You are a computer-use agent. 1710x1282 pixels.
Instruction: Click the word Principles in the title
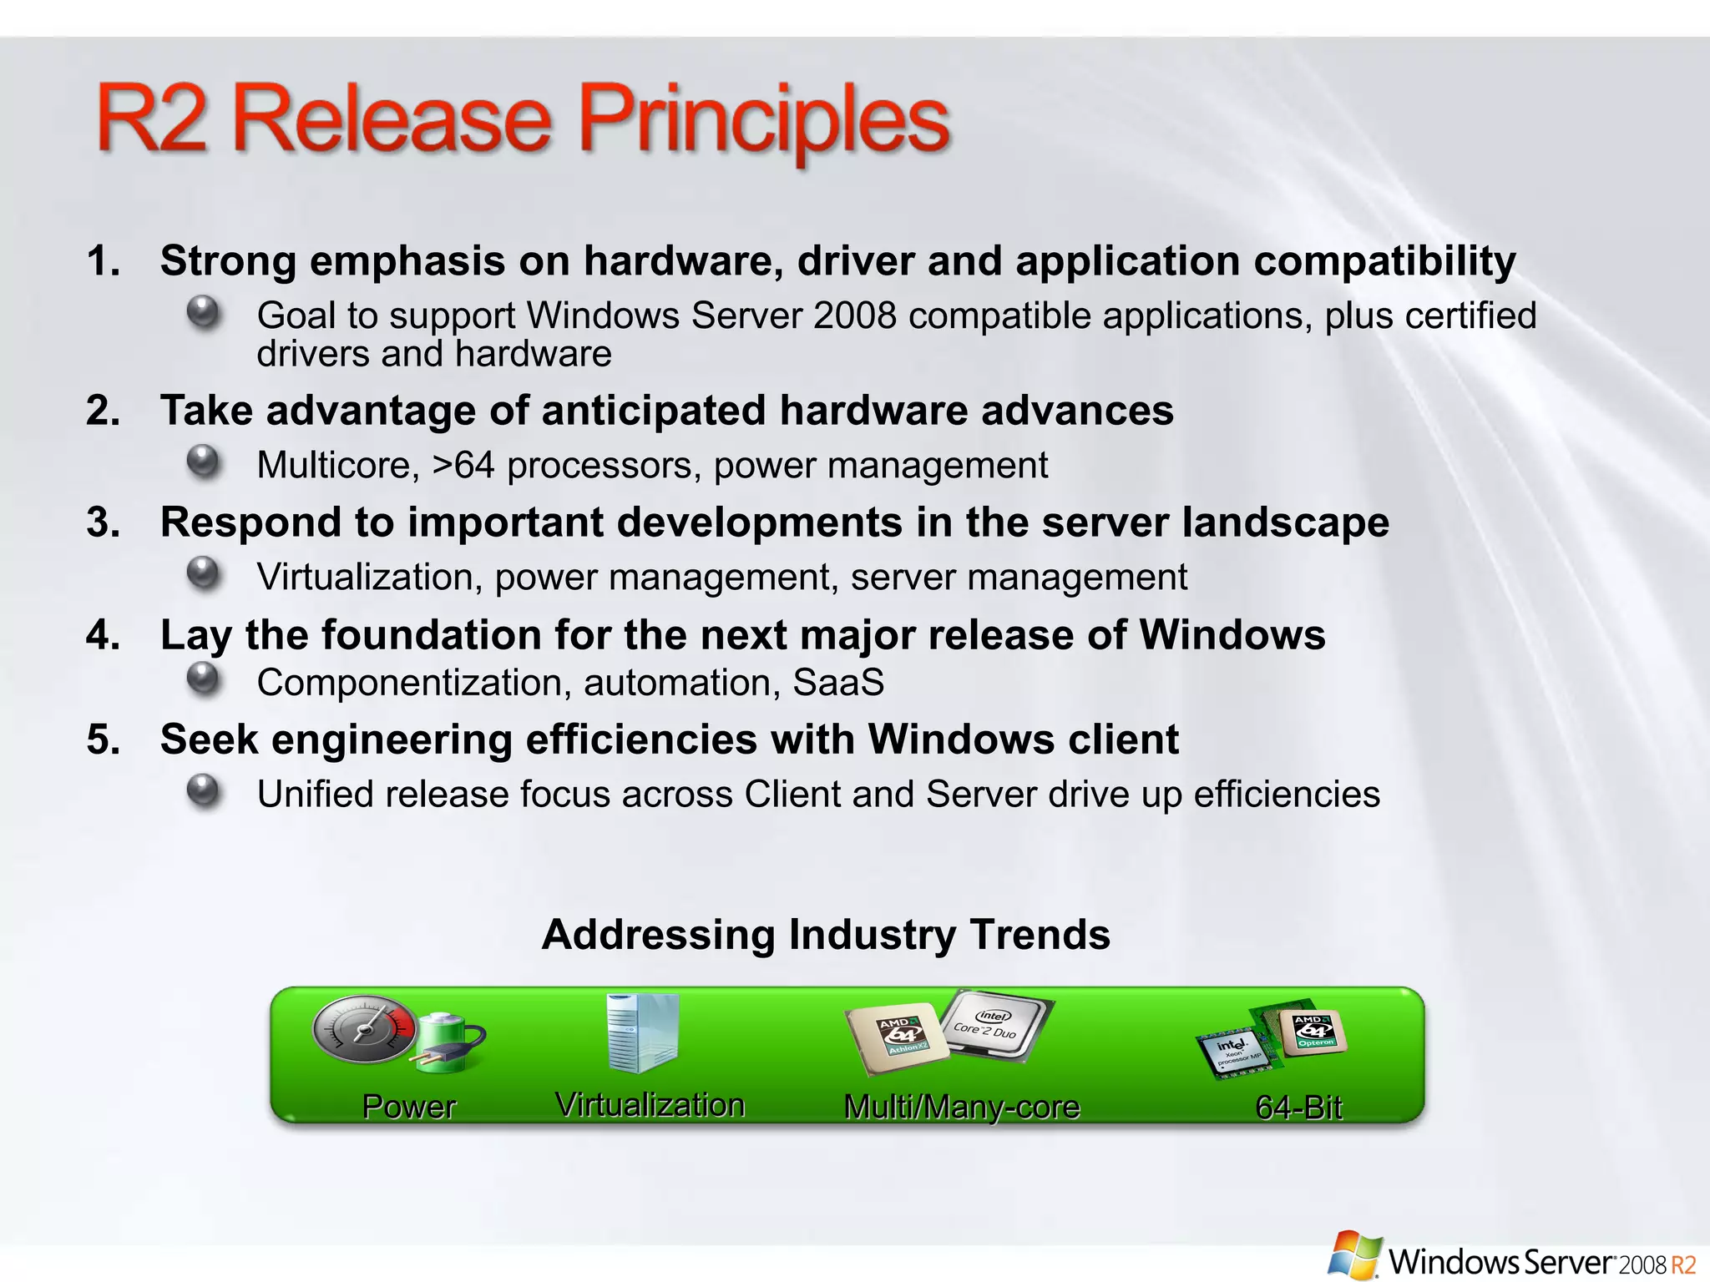(x=764, y=121)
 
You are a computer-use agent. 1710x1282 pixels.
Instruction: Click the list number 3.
(x=103, y=523)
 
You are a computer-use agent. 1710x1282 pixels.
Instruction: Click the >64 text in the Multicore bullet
(x=463, y=465)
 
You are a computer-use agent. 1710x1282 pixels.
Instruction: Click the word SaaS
(x=837, y=683)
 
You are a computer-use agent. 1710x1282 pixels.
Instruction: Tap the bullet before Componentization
(x=203, y=679)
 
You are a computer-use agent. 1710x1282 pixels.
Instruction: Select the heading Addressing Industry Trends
(x=826, y=934)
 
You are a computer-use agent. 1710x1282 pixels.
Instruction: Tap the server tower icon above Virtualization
(x=641, y=1032)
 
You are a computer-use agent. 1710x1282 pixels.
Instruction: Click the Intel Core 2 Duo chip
(x=994, y=1025)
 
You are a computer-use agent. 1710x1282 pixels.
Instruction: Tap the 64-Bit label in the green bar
(x=1298, y=1108)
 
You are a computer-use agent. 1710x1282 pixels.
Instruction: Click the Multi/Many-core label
(x=962, y=1107)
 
